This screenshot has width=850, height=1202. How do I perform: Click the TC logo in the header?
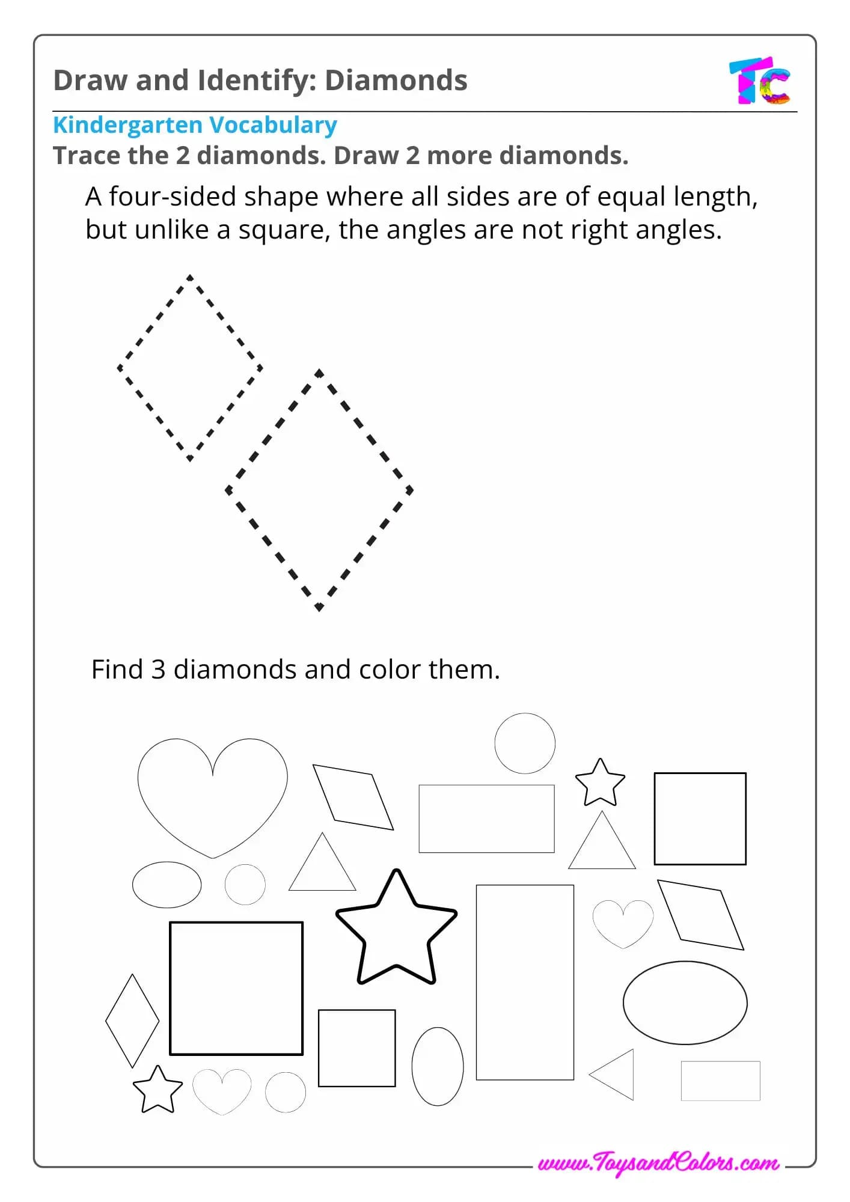760,81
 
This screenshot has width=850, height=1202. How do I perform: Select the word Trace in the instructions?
85,156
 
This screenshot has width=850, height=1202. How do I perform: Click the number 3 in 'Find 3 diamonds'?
158,670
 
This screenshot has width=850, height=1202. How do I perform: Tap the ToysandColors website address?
659,1164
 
